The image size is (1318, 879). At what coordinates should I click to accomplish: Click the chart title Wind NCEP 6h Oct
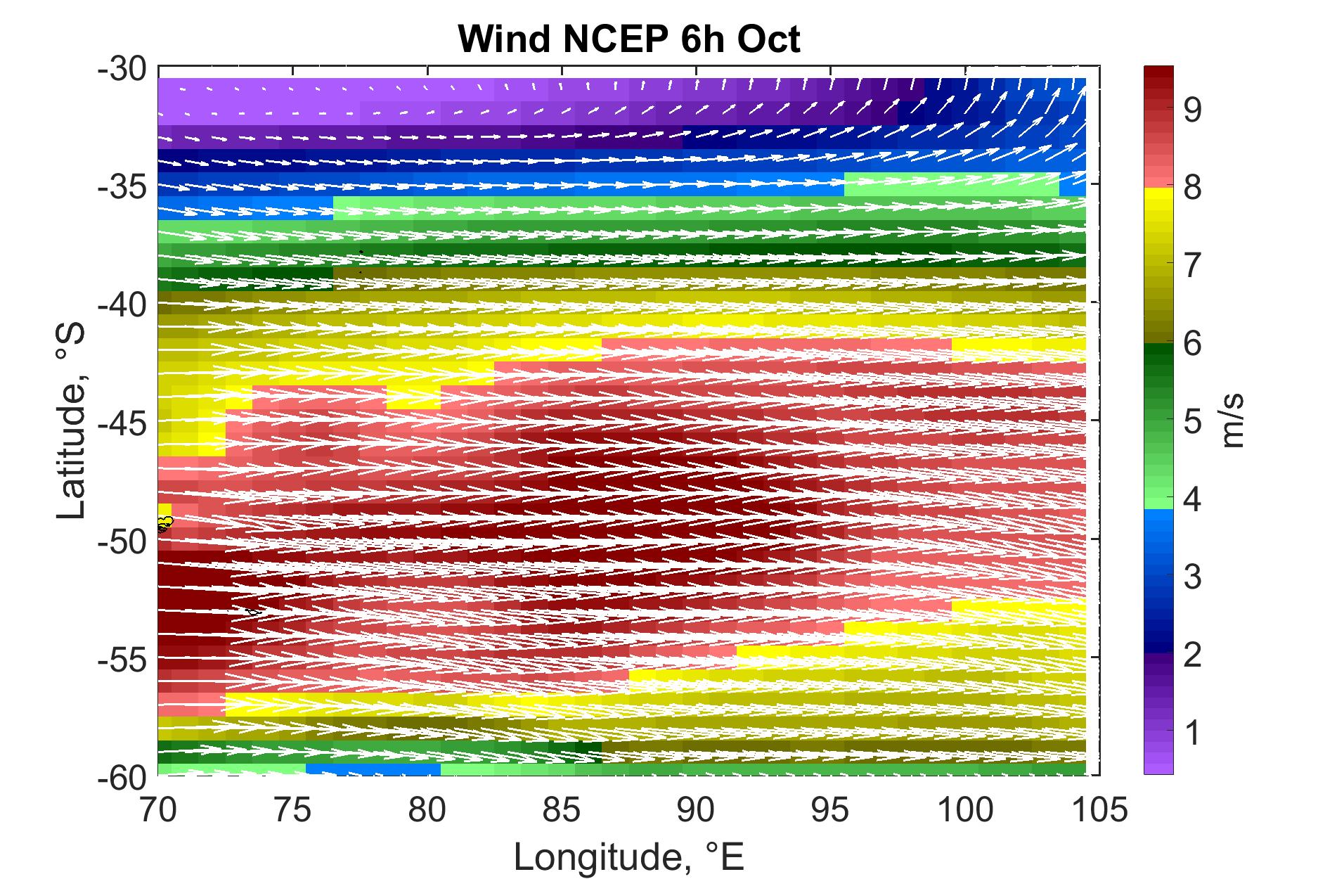[x=629, y=40]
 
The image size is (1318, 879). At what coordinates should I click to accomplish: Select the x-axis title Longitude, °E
[x=629, y=857]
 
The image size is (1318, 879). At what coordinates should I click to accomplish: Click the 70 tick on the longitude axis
[x=159, y=810]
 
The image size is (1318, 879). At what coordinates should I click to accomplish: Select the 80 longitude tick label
[x=427, y=810]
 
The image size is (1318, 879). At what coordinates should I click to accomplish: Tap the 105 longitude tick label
[x=1099, y=810]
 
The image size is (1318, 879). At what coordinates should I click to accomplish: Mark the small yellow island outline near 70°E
[x=164, y=522]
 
